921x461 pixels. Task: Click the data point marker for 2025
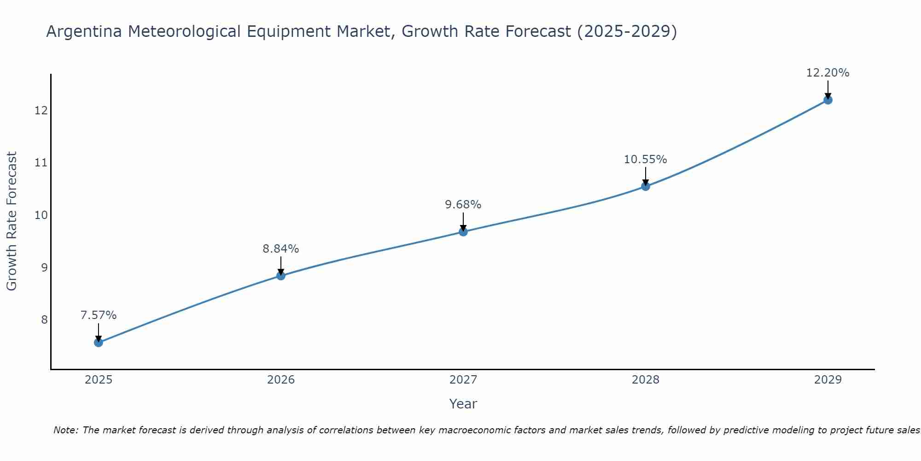[99, 343]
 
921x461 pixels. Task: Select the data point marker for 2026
[281, 276]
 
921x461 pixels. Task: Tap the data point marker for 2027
[463, 232]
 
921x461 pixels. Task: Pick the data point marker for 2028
[646, 186]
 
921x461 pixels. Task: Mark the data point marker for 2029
[828, 100]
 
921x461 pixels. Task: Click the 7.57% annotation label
[99, 315]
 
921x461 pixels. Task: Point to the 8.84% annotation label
[281, 249]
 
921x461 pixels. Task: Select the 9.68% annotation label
[463, 205]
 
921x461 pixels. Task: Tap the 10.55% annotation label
[645, 160]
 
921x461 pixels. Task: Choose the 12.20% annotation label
[828, 73]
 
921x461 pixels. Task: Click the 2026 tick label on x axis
[281, 380]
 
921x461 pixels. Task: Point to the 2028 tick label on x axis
[646, 380]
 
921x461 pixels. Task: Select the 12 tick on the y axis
[41, 111]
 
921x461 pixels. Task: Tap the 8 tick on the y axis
[44, 319]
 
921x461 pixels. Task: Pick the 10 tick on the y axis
[41, 215]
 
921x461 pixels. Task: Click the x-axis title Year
[463, 404]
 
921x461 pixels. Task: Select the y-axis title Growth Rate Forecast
[12, 221]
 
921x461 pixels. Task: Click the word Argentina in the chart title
[84, 32]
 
